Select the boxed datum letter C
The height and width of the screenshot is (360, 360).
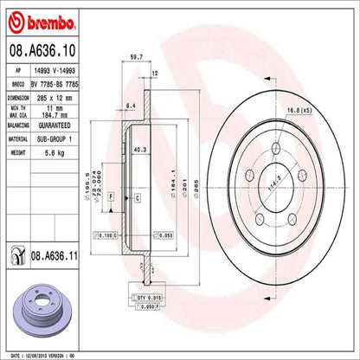pyautogui.click(x=137, y=198)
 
